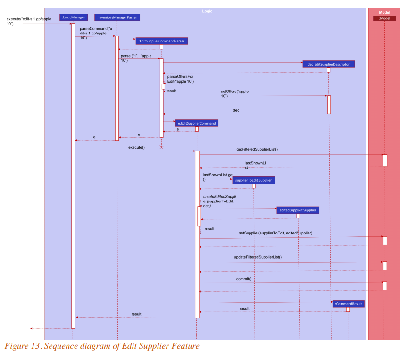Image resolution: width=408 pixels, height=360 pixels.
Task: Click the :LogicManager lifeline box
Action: (73, 17)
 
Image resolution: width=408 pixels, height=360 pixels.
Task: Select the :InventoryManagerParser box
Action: (117, 17)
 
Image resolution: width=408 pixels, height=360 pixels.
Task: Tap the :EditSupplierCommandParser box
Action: (162, 41)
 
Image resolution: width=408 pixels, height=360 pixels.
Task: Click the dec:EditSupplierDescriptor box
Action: (328, 64)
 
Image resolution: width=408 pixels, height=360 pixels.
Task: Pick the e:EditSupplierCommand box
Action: (197, 123)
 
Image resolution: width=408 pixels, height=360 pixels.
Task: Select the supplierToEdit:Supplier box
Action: (254, 180)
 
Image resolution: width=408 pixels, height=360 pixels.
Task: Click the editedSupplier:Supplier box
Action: (298, 210)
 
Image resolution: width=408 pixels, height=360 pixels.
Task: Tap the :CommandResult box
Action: (348, 304)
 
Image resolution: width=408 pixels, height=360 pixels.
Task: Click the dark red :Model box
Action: (384, 18)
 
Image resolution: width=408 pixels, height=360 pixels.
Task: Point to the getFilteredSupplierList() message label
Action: (257, 149)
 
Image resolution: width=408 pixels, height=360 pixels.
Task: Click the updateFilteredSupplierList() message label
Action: (258, 257)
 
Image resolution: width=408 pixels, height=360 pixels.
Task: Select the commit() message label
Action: (244, 279)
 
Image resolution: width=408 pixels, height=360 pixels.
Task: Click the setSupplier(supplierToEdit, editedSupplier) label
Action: (275, 233)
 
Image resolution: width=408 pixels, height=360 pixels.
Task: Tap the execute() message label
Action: (136, 148)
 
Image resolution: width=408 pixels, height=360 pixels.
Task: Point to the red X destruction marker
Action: (161, 147)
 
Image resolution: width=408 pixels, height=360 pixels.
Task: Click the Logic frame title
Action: (207, 11)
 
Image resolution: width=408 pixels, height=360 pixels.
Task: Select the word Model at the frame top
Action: (384, 12)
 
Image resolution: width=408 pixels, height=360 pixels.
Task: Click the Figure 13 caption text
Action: (102, 346)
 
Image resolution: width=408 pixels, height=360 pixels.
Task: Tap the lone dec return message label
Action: (236, 110)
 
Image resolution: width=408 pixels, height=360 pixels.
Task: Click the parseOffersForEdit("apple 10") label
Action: (181, 79)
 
